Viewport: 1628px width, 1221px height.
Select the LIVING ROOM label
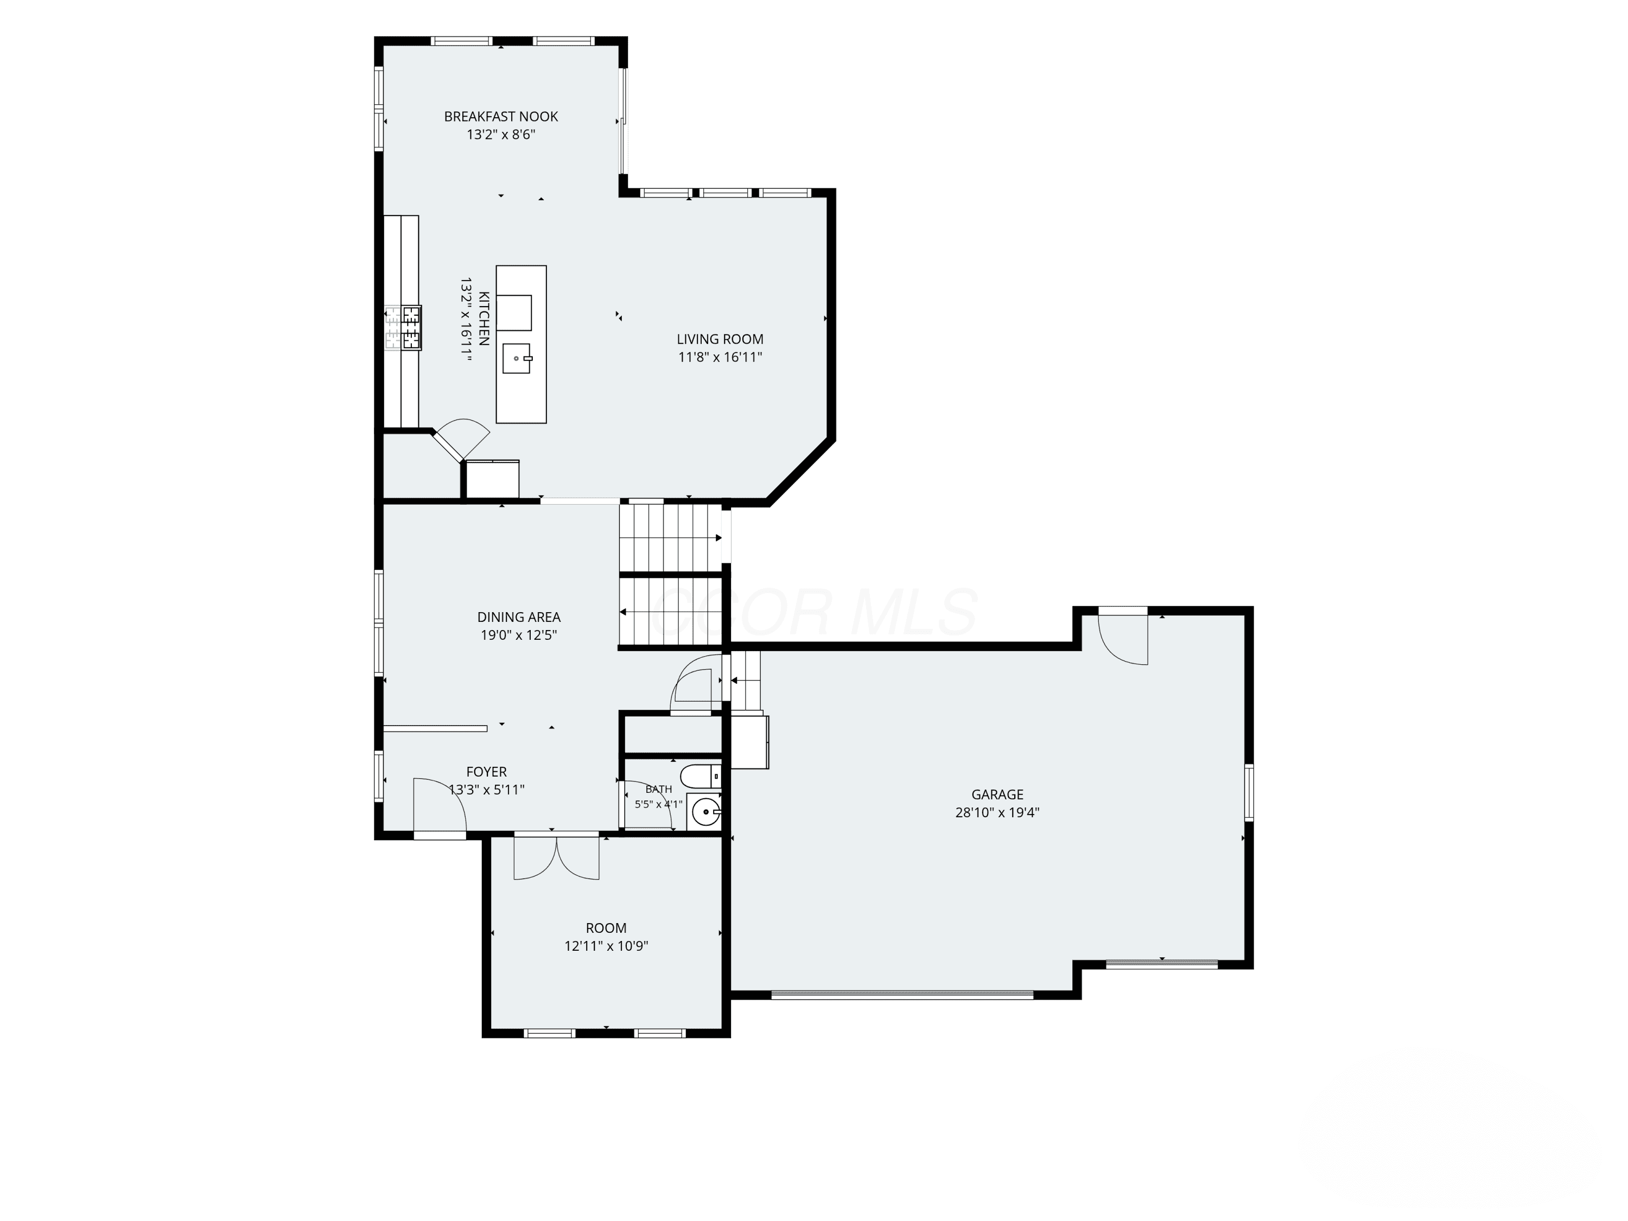[x=720, y=339]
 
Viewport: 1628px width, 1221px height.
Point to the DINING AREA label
[x=519, y=618]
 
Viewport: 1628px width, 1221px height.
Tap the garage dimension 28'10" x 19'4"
[x=997, y=812]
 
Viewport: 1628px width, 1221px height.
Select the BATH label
[x=659, y=789]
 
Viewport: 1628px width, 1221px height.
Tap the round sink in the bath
[x=704, y=812]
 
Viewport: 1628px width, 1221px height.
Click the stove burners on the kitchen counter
[x=403, y=328]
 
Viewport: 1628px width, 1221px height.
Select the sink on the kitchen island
[x=517, y=358]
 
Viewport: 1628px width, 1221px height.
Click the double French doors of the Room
[x=556, y=857]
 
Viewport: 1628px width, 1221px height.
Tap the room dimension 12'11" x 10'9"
[x=606, y=946]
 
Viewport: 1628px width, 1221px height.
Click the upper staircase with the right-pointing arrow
[x=671, y=538]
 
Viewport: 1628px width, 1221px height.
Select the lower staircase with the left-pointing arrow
[x=671, y=612]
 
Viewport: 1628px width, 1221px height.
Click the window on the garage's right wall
[x=1249, y=792]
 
